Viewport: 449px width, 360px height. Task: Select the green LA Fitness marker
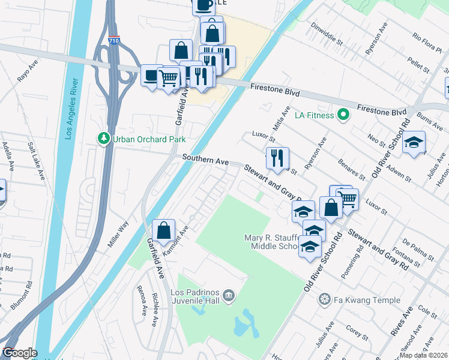[343, 114]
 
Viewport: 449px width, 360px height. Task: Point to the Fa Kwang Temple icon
[325, 299]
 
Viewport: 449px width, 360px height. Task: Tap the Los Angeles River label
[74, 108]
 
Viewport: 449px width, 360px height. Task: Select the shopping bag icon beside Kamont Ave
[163, 230]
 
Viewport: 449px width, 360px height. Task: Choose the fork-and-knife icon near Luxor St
[277, 158]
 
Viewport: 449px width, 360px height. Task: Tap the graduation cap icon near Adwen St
[414, 142]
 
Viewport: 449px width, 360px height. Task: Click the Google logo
[19, 353]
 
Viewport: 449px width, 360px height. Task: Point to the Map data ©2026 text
[423, 355]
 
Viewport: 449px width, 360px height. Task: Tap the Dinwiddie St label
[327, 34]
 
